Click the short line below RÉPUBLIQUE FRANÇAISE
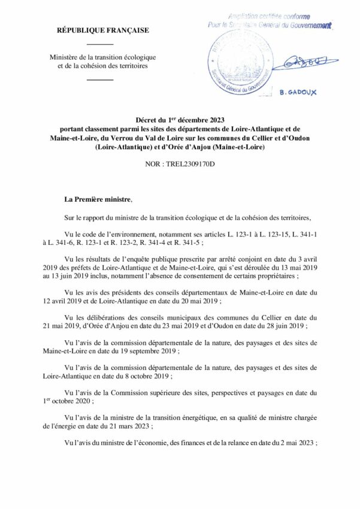104,44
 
